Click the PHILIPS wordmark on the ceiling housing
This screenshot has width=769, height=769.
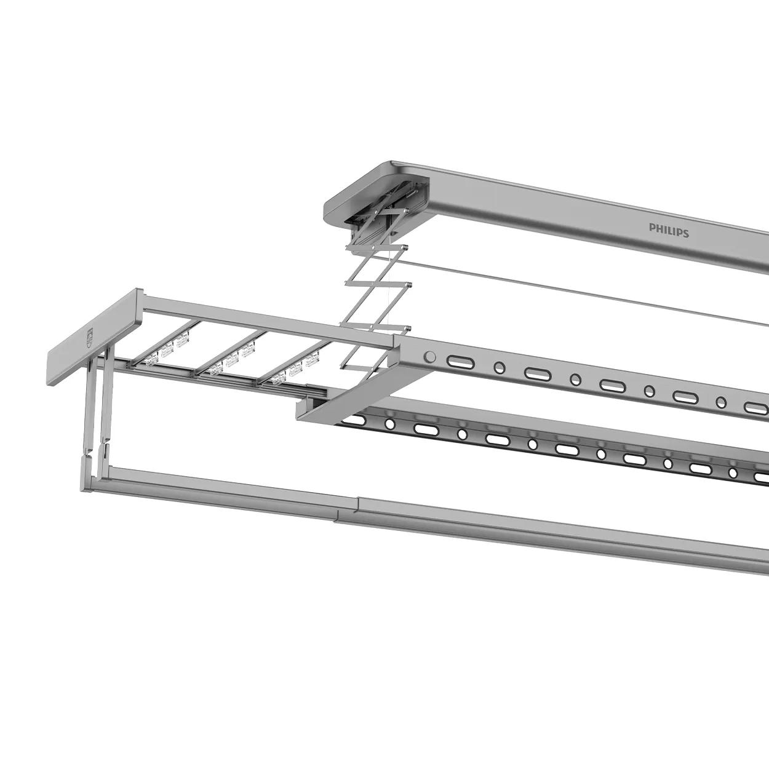tap(669, 231)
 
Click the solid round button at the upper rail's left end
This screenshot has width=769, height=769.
tap(430, 357)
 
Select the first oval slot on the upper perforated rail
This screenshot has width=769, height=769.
tap(458, 361)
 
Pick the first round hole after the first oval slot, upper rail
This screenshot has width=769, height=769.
tap(499, 368)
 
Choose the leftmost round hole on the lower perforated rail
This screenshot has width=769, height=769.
tap(389, 424)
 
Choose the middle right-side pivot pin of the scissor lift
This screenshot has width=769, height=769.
tap(409, 285)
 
